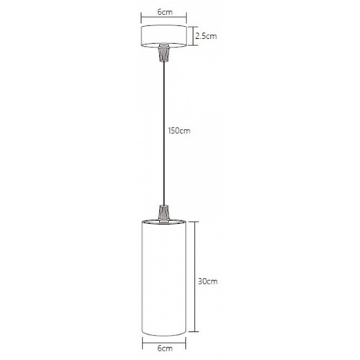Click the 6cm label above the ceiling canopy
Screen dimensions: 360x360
[165, 12]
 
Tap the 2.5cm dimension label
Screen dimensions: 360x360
[206, 36]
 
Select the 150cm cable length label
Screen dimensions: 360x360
[179, 131]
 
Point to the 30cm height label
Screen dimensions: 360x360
[208, 282]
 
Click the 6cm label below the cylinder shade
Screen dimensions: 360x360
[165, 348]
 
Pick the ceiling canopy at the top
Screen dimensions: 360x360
[164, 36]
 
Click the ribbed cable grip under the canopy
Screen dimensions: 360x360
[164, 53]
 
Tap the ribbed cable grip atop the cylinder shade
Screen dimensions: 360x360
[164, 214]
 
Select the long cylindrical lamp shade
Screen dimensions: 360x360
[164, 277]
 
